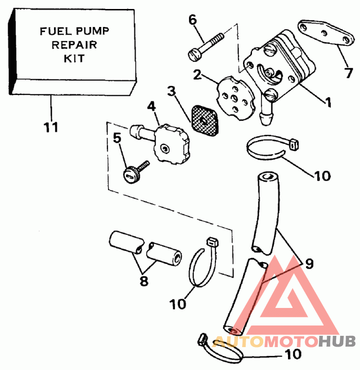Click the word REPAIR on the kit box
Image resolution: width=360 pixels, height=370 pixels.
point(74,45)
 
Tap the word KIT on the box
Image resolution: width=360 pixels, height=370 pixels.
point(74,58)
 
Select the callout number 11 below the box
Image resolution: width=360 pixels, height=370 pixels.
point(51,127)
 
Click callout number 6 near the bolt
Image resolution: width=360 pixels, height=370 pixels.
point(193,20)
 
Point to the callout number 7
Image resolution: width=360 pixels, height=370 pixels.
point(349,73)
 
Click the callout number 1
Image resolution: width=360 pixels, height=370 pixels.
point(328,102)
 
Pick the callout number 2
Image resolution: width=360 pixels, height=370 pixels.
point(197,75)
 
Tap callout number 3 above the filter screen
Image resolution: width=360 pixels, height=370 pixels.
point(171,91)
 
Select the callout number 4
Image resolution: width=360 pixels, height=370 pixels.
point(151,107)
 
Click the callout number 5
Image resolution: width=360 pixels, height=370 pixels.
point(117,138)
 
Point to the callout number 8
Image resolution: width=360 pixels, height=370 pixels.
point(144,281)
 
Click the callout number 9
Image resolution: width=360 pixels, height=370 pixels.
point(309,263)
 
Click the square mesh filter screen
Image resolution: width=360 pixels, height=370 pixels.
point(205,121)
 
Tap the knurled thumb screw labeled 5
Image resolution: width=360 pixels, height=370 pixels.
point(136,172)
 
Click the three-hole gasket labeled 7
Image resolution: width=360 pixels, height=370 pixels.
point(326,33)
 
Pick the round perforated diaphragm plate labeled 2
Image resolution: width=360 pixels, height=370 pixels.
point(236,98)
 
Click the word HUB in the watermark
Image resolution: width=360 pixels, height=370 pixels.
point(337,341)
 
